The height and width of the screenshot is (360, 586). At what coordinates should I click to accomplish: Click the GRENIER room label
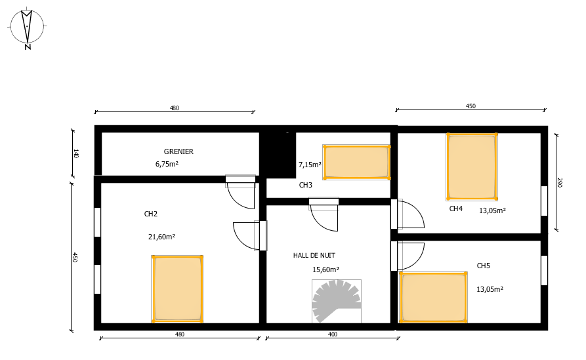pyautogui.click(x=178, y=151)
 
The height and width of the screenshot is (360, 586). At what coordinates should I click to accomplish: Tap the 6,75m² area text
pyautogui.click(x=167, y=164)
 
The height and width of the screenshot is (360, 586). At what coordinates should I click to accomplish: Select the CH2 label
pyautogui.click(x=151, y=214)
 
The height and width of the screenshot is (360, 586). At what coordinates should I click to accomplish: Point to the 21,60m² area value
pyautogui.click(x=161, y=237)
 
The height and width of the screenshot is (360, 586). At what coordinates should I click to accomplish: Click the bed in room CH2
pyautogui.click(x=177, y=289)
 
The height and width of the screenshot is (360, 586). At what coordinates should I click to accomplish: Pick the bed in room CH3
pyautogui.click(x=356, y=162)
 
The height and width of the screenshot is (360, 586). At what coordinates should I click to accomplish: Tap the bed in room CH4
pyautogui.click(x=472, y=167)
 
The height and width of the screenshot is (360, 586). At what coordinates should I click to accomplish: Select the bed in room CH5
pyautogui.click(x=433, y=297)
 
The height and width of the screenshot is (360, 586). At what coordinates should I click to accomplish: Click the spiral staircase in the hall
pyautogui.click(x=337, y=301)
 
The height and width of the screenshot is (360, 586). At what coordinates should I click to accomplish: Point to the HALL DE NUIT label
pyautogui.click(x=314, y=256)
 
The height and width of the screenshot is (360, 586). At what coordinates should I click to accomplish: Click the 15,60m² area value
pyautogui.click(x=325, y=270)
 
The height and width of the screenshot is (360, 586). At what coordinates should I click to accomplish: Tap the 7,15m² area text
pyautogui.click(x=310, y=165)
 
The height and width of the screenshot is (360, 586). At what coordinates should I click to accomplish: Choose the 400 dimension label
pyautogui.click(x=332, y=334)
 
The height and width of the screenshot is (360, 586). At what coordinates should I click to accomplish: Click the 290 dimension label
pyautogui.click(x=560, y=182)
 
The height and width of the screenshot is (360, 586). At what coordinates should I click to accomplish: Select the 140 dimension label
pyautogui.click(x=75, y=153)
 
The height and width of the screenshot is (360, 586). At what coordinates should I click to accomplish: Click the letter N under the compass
pyautogui.click(x=28, y=47)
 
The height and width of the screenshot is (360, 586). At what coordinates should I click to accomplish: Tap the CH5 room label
pyautogui.click(x=483, y=266)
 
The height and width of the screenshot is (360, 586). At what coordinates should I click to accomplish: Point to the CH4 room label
pyautogui.click(x=456, y=209)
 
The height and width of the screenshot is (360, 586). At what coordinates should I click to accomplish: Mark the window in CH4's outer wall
pyautogui.click(x=544, y=201)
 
